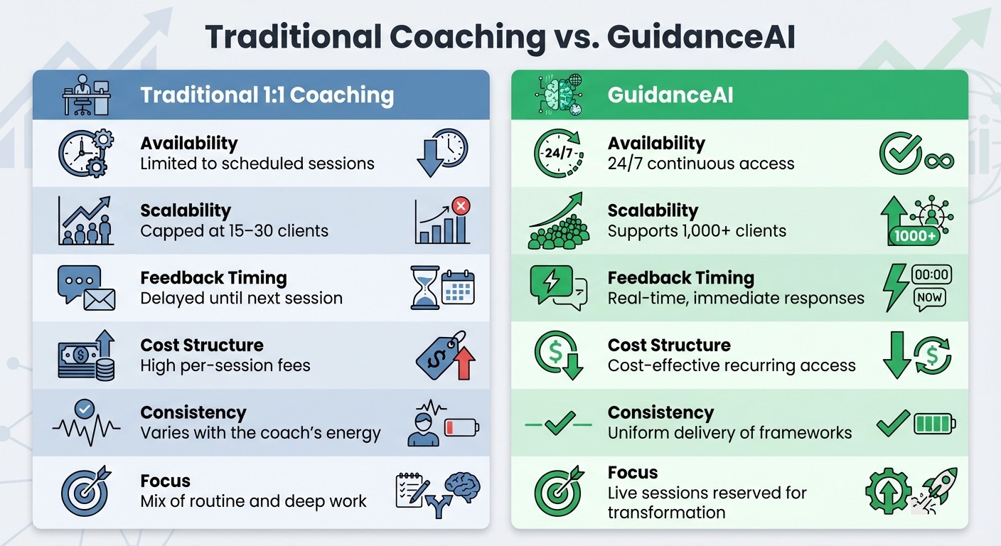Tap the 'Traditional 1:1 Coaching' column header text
coord(267,95)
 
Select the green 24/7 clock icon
coord(557,152)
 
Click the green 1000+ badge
coord(914,235)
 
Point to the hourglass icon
coord(424,287)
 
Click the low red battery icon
coord(461,427)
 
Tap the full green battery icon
coord(935,424)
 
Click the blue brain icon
coord(461,486)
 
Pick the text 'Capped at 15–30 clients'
coord(234,231)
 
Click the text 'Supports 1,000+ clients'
coord(697,231)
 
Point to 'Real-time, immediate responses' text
coord(736,298)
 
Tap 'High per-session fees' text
coord(225,365)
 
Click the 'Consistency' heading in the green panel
coord(660,412)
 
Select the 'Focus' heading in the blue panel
coord(165,481)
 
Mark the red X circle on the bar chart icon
coord(460,207)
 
